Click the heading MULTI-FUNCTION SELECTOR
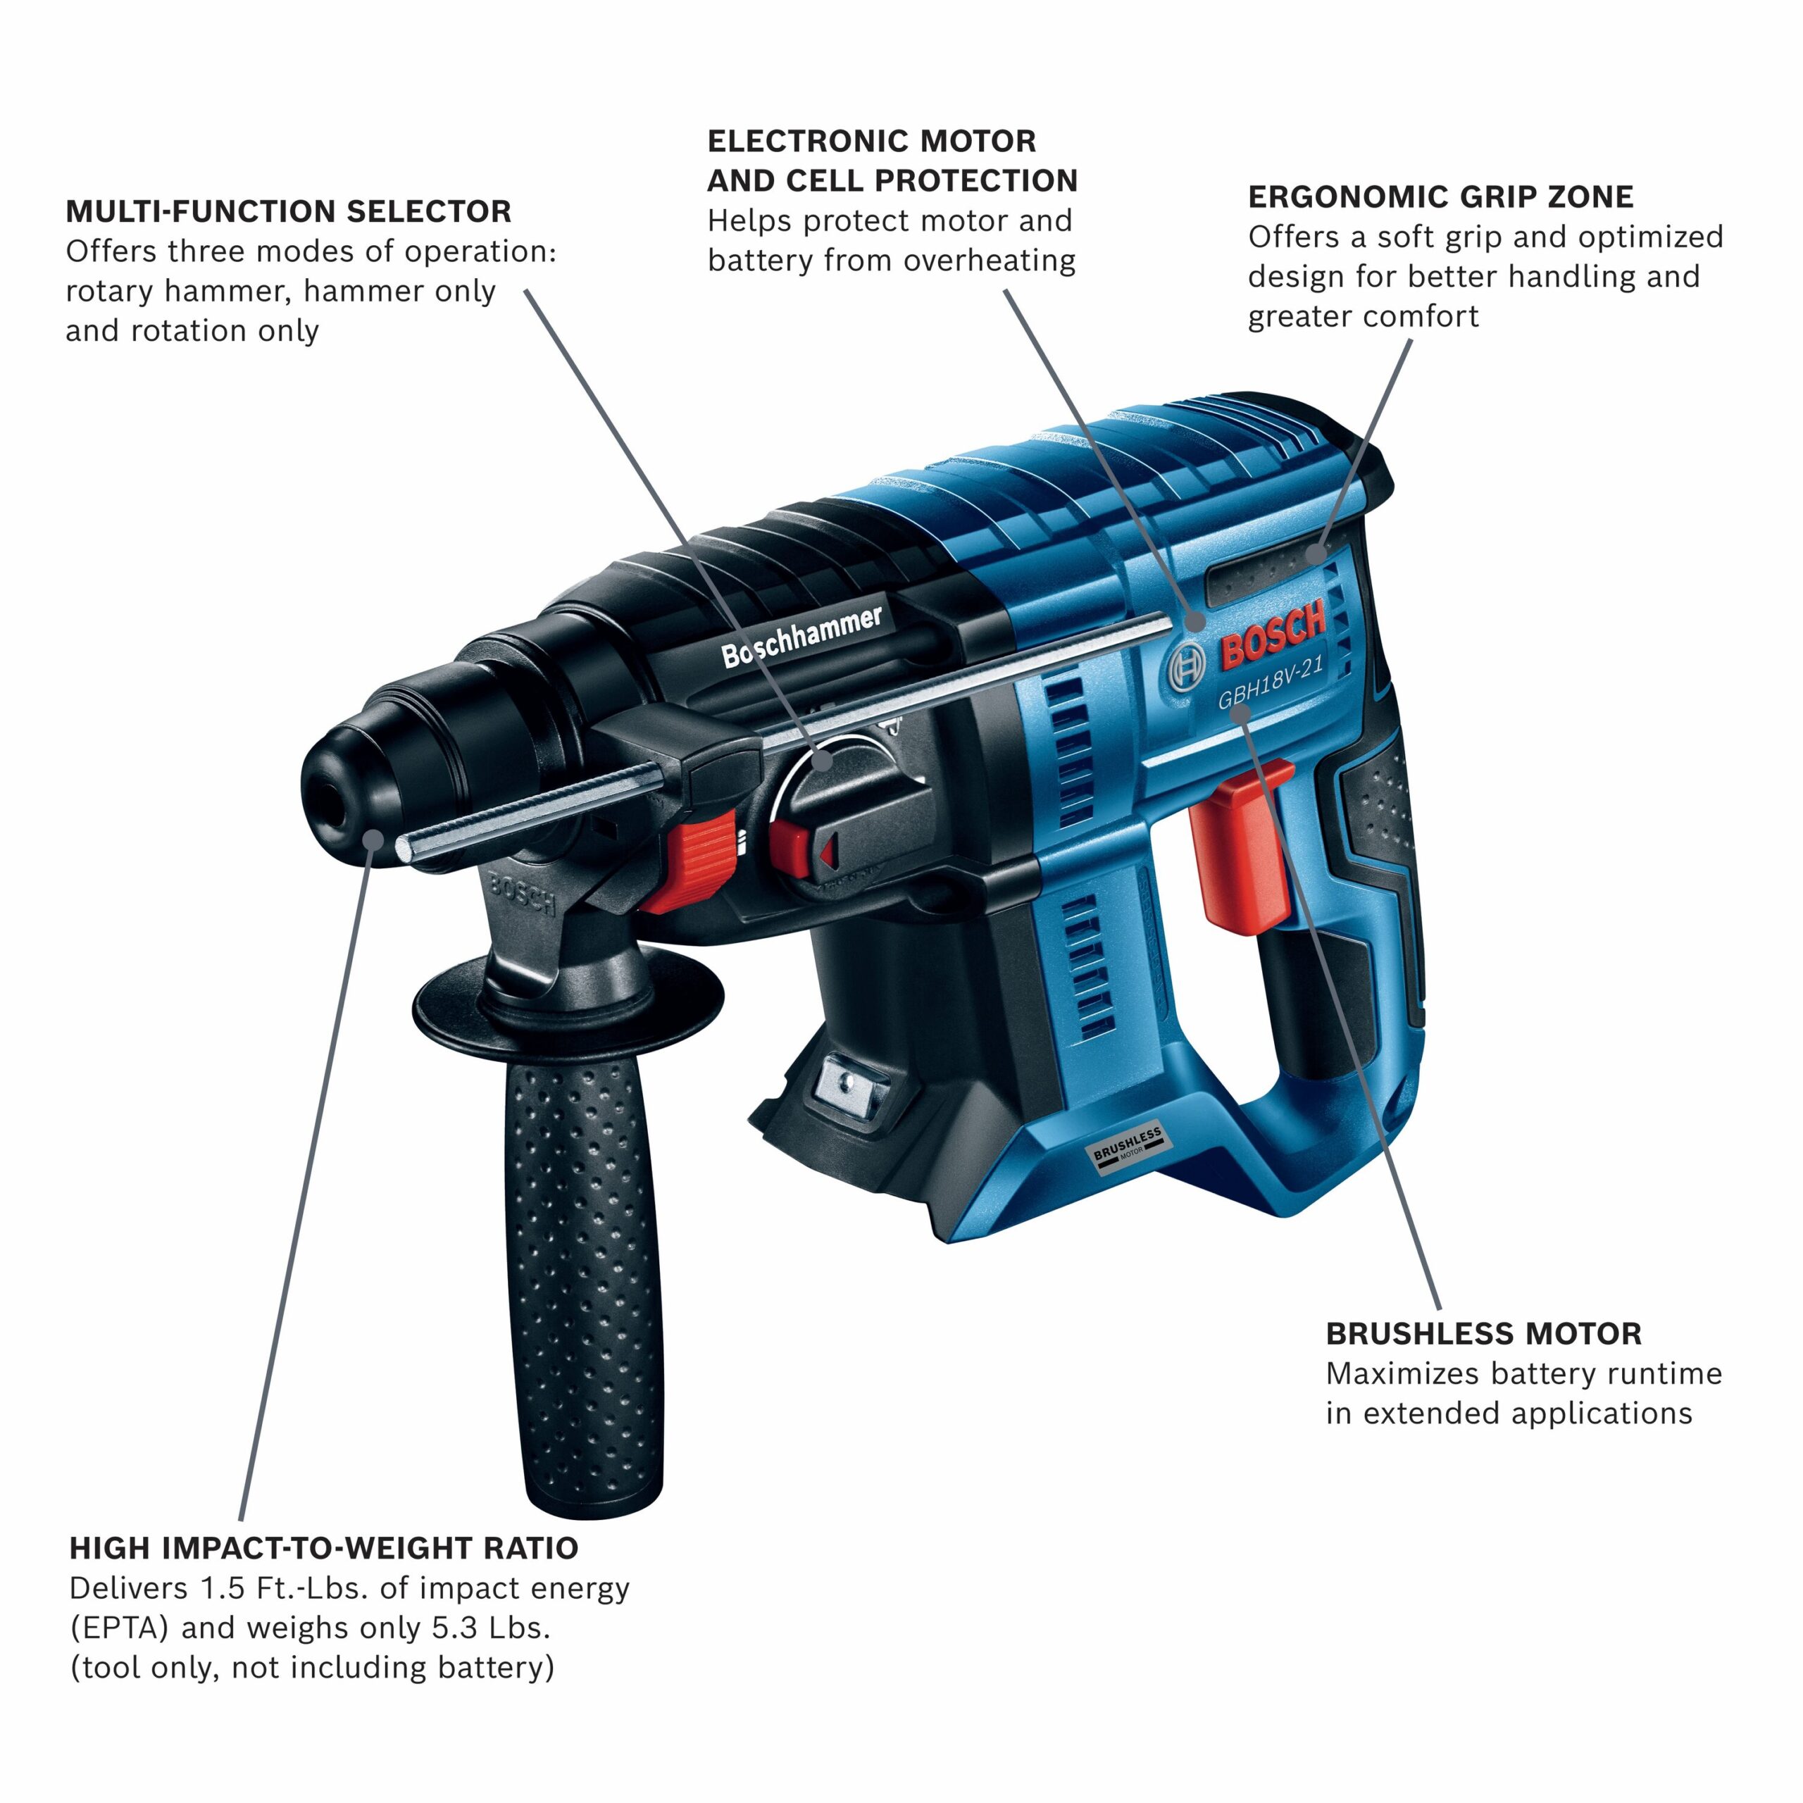click(288, 212)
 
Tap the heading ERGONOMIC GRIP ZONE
click(1440, 197)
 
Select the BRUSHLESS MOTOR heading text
click(1483, 1333)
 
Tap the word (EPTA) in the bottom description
click(120, 1628)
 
